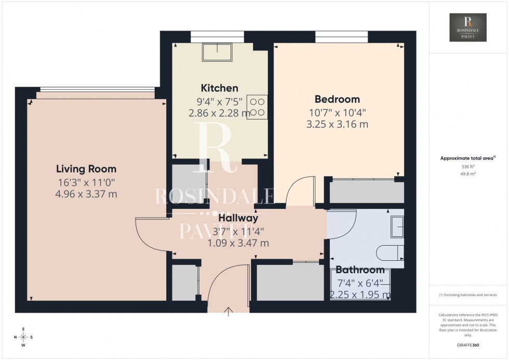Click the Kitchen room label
(x=220, y=88)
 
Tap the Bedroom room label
(x=337, y=99)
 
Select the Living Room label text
(x=86, y=169)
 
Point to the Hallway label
(x=238, y=218)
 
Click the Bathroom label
(x=360, y=270)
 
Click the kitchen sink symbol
(x=218, y=52)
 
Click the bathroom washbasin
(x=397, y=227)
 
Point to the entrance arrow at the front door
(x=229, y=311)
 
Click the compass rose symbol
(x=24, y=337)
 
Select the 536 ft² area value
(x=468, y=166)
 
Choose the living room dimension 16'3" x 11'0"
(x=87, y=182)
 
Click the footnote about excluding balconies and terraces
(x=468, y=295)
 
